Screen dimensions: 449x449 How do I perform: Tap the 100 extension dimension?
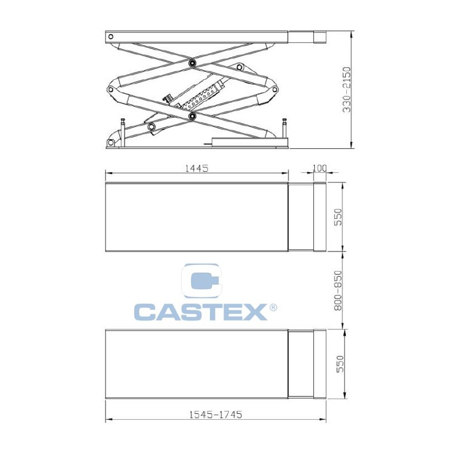coord(319,168)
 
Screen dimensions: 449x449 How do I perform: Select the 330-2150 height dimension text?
coord(347,90)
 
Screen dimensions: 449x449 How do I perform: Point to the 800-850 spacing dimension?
coord(338,290)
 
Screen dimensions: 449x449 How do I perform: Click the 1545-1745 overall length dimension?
coord(216,414)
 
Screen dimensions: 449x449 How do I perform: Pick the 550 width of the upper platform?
coord(338,217)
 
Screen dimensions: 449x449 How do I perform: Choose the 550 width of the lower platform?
coord(340,364)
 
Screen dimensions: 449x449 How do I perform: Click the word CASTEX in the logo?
coord(201,312)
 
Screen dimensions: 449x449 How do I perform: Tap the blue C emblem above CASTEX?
coord(202,281)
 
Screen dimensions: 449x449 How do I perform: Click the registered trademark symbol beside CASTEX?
coord(273,308)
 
